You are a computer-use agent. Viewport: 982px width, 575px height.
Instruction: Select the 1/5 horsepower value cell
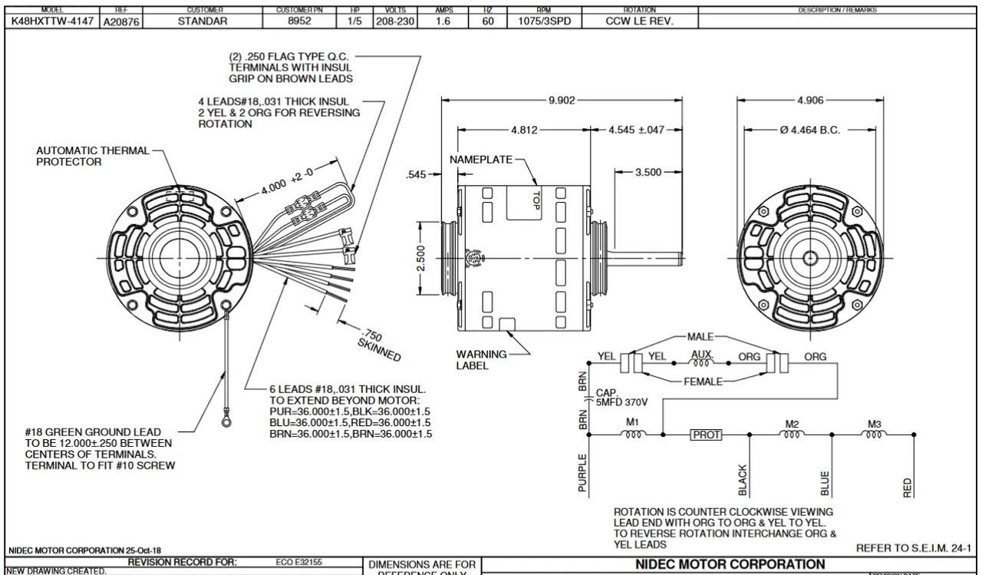tap(354, 21)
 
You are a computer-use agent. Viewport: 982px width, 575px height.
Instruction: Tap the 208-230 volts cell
tap(394, 21)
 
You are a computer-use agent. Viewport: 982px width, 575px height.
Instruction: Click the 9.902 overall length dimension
tap(562, 100)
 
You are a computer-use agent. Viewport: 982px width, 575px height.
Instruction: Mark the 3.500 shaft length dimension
tap(648, 173)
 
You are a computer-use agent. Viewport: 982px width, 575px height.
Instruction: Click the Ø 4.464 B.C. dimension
tap(809, 130)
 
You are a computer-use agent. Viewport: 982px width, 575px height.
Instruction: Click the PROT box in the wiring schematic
tap(705, 435)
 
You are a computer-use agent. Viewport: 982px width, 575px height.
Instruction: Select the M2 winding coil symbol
tap(792, 435)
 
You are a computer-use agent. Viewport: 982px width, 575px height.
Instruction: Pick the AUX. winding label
tap(702, 356)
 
